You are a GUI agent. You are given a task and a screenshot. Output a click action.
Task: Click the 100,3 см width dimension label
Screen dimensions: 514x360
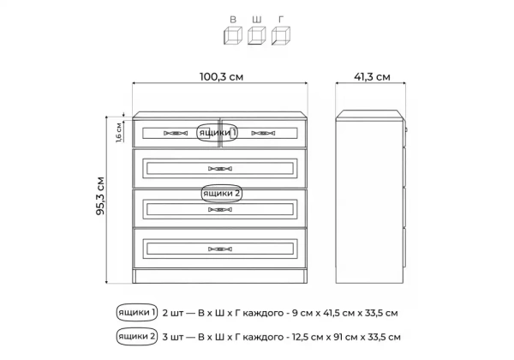click(221, 77)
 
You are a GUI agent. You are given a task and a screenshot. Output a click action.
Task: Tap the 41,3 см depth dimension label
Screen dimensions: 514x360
click(372, 77)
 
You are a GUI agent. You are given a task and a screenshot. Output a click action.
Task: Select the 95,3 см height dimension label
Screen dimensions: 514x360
click(100, 196)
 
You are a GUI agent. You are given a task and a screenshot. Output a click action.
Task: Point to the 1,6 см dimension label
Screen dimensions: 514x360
click(119, 133)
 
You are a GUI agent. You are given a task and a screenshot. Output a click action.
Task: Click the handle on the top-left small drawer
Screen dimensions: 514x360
click(176, 133)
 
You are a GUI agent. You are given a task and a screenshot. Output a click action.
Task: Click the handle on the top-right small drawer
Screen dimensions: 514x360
click(263, 133)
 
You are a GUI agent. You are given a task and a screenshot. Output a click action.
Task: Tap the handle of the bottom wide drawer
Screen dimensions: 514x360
click(220, 249)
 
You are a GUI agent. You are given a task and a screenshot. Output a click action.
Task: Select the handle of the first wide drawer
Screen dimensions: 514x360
click(220, 169)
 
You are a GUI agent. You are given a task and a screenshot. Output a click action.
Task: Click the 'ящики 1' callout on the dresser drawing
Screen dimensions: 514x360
click(217, 133)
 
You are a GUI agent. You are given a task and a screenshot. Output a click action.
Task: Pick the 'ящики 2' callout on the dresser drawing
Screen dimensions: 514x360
click(222, 194)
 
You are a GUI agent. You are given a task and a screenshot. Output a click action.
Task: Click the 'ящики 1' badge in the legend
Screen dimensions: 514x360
click(137, 313)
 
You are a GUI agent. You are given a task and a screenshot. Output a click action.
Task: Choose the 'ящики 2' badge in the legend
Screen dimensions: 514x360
click(137, 336)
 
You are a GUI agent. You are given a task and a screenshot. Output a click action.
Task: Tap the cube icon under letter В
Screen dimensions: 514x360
click(233, 35)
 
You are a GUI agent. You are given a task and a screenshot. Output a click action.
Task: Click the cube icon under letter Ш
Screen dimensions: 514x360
click(257, 35)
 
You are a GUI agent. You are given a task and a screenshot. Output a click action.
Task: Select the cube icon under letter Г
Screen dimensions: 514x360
click(281, 35)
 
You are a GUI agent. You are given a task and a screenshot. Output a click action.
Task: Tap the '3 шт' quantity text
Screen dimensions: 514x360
click(173, 337)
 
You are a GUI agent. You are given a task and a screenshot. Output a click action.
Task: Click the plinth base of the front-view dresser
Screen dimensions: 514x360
click(220, 276)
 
